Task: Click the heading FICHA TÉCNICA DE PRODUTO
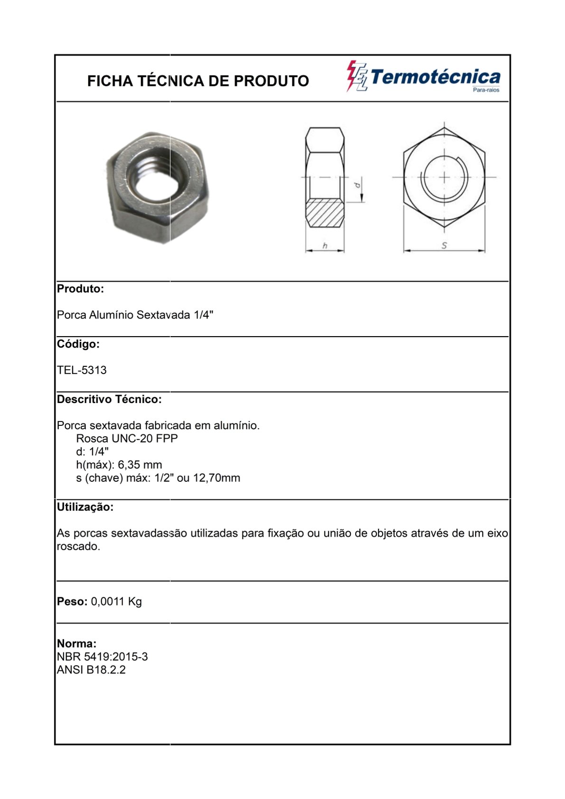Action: coord(198,81)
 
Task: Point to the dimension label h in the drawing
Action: coord(325,245)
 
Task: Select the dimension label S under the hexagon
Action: coord(444,245)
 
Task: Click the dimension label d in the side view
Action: coord(358,184)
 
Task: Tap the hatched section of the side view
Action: coord(325,213)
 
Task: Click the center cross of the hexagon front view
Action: coord(444,177)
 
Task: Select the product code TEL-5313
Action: coord(82,370)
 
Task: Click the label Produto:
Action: coord(80,289)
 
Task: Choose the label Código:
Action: coord(78,344)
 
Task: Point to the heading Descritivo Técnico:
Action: coord(109,399)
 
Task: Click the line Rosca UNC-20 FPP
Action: coord(127,438)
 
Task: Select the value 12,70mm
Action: coord(217,478)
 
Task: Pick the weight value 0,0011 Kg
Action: coord(116,602)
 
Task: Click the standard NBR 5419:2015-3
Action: coord(102,657)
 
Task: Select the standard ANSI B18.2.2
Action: coord(91,670)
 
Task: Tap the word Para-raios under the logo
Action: coord(486,90)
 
